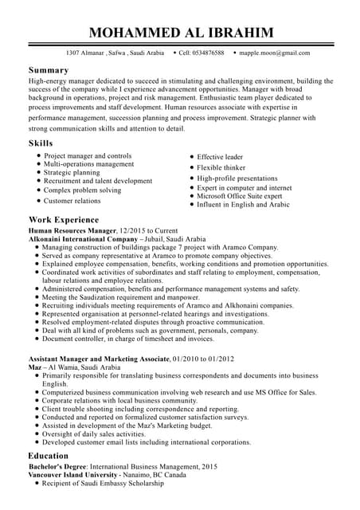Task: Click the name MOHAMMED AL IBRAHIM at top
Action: pyautogui.click(x=181, y=32)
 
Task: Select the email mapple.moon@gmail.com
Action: pyautogui.click(x=274, y=53)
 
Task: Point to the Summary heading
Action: pyautogui.click(x=49, y=70)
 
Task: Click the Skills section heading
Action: pyautogui.click(x=41, y=143)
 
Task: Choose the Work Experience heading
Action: pyautogui.click(x=64, y=219)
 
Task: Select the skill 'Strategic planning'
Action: pyautogui.click(x=72, y=172)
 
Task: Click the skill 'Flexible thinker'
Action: pyautogui.click(x=221, y=168)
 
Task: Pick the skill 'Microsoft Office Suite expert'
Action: pyautogui.click(x=240, y=196)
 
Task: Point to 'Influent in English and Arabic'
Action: pyautogui.click(x=243, y=205)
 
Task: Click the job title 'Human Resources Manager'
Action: pyautogui.click(x=72, y=229)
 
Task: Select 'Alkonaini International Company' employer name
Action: pyautogui.click(x=83, y=238)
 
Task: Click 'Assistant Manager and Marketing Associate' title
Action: pyautogui.click(x=99, y=359)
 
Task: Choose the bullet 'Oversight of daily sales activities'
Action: pyautogui.click(x=100, y=433)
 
